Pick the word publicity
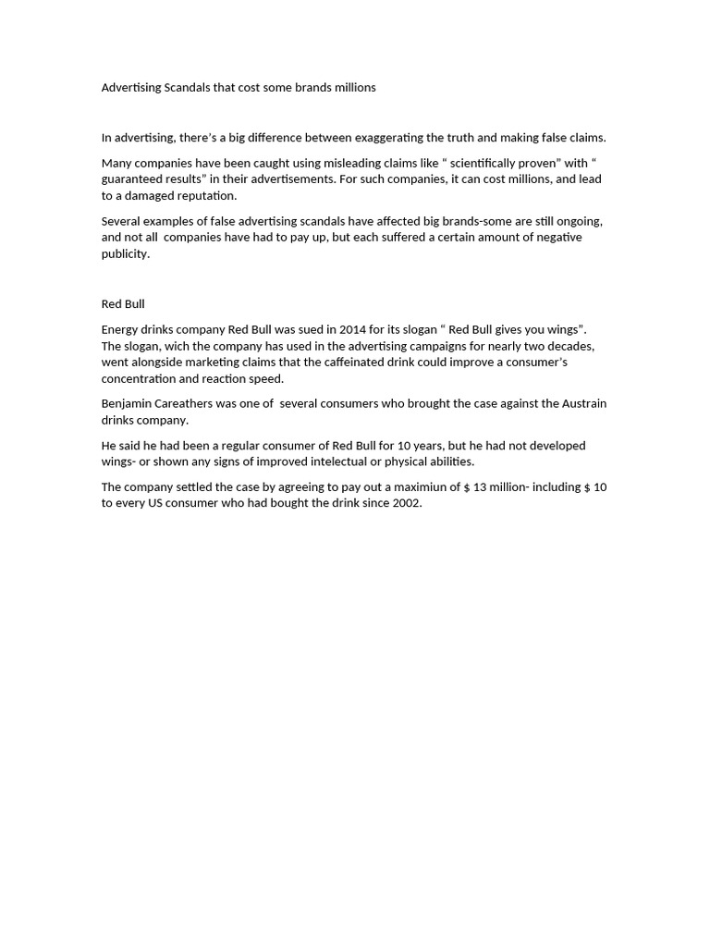(125, 253)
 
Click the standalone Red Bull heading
(123, 303)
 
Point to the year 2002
(405, 503)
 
